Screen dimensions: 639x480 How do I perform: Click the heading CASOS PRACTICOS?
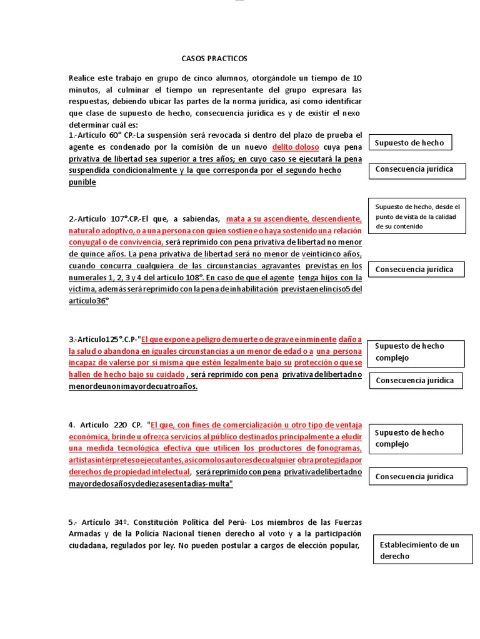click(x=214, y=59)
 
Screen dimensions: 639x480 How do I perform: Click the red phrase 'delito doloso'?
click(x=296, y=147)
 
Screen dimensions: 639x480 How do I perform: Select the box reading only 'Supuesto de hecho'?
click(x=410, y=143)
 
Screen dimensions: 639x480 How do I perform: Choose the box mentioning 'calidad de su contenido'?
click(x=417, y=216)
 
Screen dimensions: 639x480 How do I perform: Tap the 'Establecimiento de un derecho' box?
click(x=422, y=550)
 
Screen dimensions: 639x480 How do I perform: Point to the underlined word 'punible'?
click(x=82, y=182)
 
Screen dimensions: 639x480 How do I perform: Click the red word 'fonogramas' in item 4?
click(x=339, y=449)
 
